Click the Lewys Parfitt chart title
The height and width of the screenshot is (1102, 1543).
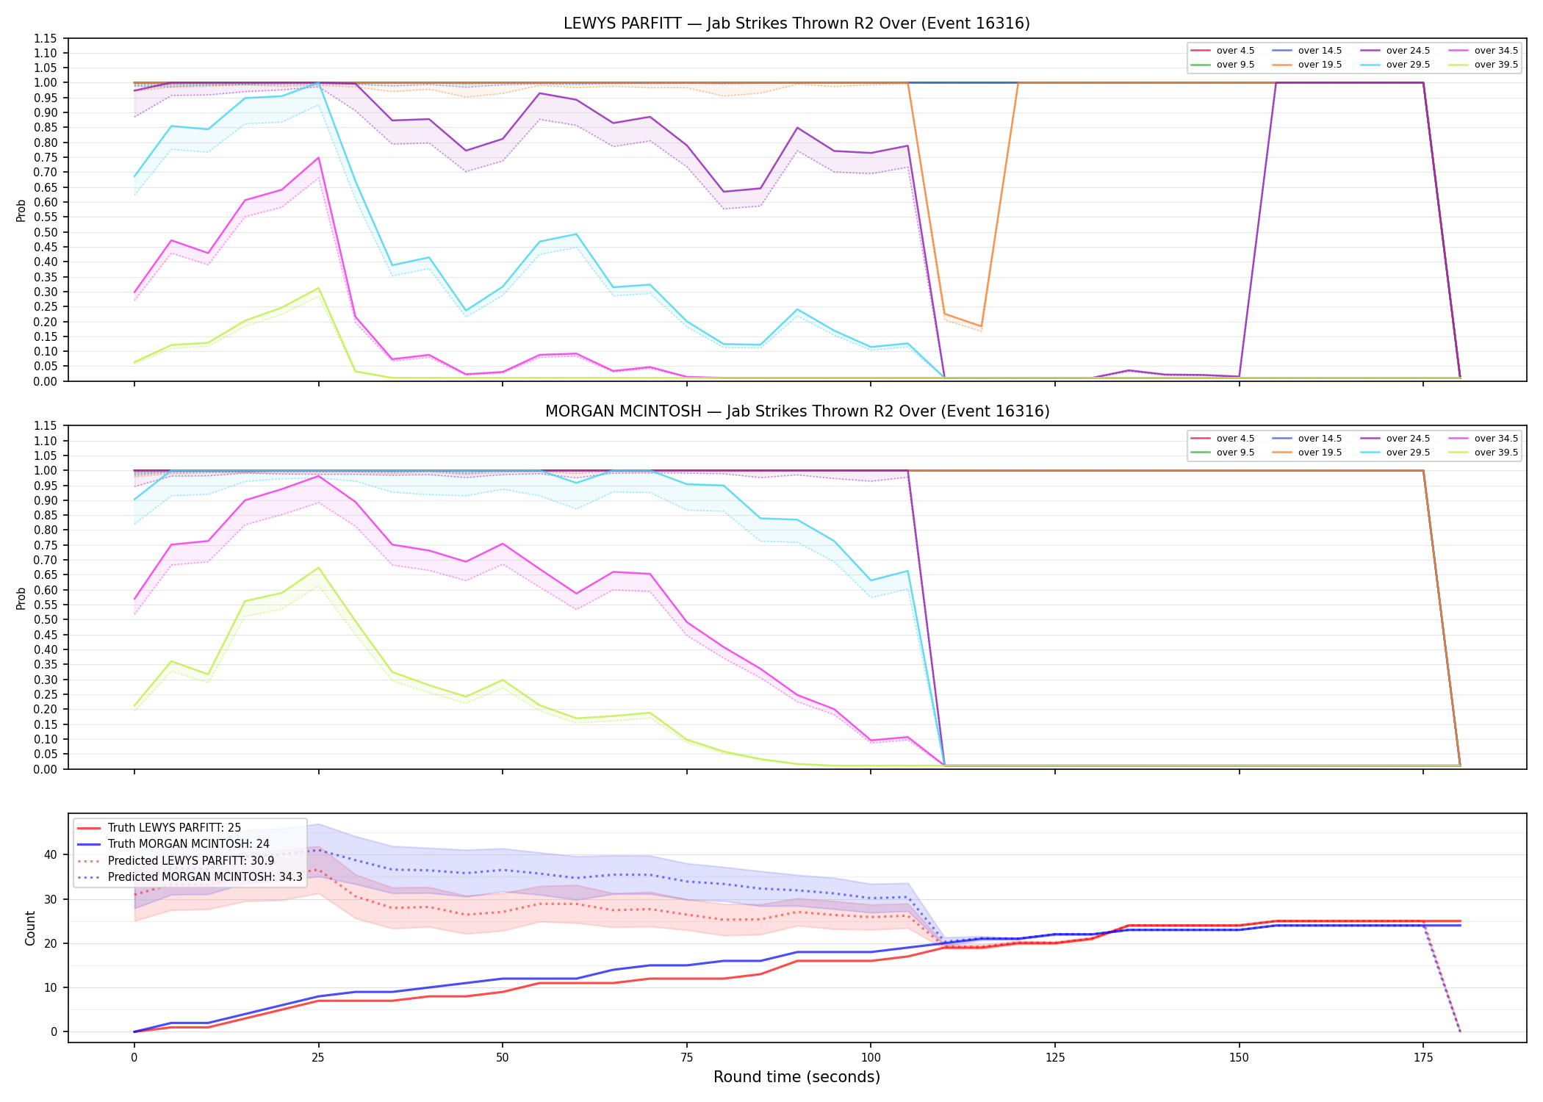pos(796,24)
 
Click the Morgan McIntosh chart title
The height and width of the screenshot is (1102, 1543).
pos(796,411)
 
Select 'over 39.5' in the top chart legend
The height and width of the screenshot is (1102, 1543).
pos(1496,65)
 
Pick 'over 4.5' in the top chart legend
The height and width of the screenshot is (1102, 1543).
pos(1235,51)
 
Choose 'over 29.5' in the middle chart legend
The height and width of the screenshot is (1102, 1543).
pos(1408,453)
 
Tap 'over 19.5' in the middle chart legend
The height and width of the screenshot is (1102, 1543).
pos(1320,453)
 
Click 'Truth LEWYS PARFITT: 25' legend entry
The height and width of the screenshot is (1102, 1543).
pos(174,828)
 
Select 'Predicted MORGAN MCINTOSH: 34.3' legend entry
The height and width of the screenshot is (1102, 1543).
pos(205,877)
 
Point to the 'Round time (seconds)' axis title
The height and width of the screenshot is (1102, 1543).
pos(796,1077)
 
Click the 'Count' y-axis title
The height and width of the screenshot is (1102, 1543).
pos(30,928)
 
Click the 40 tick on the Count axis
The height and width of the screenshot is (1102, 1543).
pos(51,854)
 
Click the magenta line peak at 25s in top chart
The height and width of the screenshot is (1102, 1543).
pos(318,157)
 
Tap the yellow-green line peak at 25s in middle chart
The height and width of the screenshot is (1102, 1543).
pos(318,567)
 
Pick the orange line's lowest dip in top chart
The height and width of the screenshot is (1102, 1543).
pos(981,326)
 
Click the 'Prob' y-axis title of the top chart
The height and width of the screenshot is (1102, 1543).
pos(21,210)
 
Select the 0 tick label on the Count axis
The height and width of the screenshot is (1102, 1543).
pos(54,1031)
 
